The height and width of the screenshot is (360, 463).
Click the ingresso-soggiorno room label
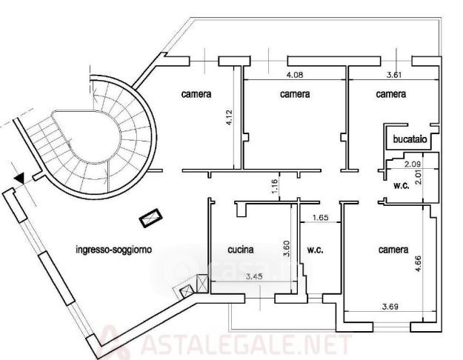(x=114, y=250)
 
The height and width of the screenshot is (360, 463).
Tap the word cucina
(x=241, y=250)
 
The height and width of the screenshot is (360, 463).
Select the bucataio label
(x=410, y=139)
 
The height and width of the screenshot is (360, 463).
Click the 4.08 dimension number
(x=295, y=75)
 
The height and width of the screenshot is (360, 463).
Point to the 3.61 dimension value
(x=394, y=75)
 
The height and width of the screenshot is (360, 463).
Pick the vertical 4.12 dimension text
(x=230, y=118)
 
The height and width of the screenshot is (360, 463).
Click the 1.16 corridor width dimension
(x=274, y=187)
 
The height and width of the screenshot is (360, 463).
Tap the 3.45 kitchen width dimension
(x=254, y=277)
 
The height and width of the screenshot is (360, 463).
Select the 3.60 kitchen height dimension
(x=287, y=249)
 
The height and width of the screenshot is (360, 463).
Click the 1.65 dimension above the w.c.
(x=320, y=218)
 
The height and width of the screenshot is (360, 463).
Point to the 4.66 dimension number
(x=418, y=264)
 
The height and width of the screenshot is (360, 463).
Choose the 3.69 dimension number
(x=390, y=307)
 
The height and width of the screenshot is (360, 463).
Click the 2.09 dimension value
(x=413, y=164)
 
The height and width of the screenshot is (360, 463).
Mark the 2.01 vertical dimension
(x=418, y=177)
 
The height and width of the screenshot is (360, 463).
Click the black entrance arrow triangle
(x=19, y=179)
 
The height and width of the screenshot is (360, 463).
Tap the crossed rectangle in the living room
(x=151, y=218)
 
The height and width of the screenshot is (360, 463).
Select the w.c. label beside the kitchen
(x=315, y=250)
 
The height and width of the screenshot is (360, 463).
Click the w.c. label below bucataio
(x=402, y=185)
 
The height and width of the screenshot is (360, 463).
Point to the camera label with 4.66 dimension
(x=393, y=250)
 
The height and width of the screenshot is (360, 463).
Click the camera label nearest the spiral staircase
(x=196, y=94)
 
